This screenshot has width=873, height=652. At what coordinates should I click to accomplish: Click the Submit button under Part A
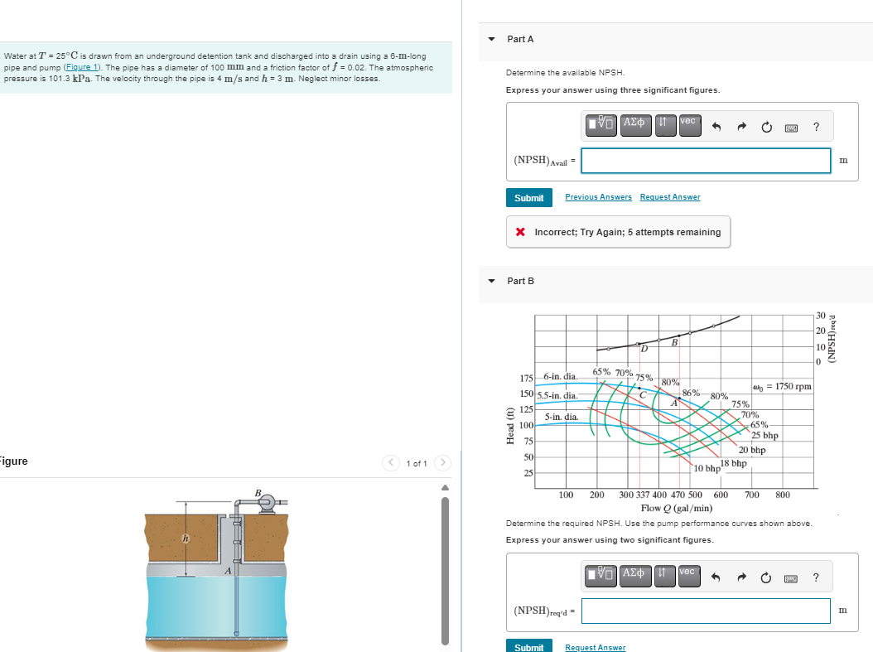point(528,198)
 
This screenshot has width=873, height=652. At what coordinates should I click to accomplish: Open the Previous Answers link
point(598,197)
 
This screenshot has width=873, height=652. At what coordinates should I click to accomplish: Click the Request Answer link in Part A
point(669,197)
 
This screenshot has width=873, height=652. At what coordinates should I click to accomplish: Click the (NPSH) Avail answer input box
point(705,161)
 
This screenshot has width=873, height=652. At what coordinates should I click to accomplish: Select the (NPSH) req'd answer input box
point(705,611)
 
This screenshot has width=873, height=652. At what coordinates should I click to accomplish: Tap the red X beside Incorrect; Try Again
point(520,233)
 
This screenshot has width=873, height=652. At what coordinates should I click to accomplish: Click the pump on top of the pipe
point(268,503)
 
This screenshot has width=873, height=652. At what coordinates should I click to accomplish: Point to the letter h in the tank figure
point(186,539)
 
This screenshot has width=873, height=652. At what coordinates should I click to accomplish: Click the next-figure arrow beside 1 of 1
point(443,463)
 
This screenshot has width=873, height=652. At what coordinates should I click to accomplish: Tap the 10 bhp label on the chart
point(707,469)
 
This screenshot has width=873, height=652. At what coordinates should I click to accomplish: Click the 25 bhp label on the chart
point(764,436)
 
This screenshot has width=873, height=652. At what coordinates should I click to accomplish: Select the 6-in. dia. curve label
point(561,377)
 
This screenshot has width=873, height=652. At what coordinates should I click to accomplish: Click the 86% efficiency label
point(692,392)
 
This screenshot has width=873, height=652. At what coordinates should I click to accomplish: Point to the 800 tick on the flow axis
point(782,495)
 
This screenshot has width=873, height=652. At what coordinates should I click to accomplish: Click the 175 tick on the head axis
point(525,378)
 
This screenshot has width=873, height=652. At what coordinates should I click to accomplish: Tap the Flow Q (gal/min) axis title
point(676,508)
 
